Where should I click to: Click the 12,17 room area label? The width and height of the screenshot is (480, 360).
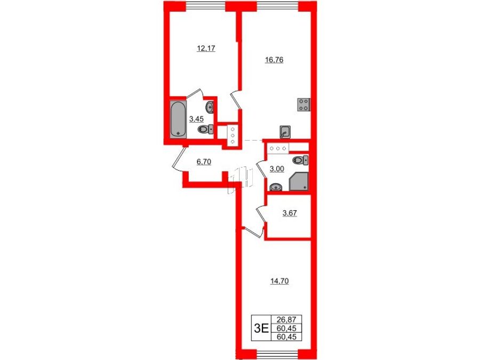point(206,48)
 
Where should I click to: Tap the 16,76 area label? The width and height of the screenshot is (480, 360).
point(274,60)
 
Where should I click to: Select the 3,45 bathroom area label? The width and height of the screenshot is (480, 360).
point(196,118)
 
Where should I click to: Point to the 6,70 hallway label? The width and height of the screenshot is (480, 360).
point(204,162)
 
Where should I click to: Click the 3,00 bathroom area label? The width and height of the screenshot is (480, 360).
point(277,169)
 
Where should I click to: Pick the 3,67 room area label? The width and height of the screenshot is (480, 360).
point(290,213)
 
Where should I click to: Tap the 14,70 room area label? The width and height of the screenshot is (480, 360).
point(279,281)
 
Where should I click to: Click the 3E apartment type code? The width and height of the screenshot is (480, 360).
point(261,329)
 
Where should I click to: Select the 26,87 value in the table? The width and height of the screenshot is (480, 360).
point(286,319)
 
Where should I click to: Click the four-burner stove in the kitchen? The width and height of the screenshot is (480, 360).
point(304,105)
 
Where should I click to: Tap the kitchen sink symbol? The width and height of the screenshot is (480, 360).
point(285,132)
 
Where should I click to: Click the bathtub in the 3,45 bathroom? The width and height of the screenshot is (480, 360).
point(178,119)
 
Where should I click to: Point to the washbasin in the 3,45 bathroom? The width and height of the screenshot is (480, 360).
point(210,107)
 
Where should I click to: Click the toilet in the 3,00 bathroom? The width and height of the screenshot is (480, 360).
point(300,159)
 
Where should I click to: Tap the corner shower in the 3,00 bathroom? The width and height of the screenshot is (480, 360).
point(299,181)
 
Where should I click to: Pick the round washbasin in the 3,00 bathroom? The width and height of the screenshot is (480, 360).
point(276,187)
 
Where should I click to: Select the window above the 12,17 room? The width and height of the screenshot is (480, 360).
point(206,6)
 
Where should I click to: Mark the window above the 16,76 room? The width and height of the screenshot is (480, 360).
point(277,6)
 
